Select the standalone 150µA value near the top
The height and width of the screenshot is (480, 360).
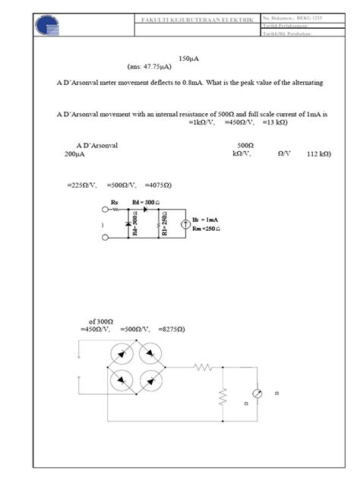(x=188, y=58)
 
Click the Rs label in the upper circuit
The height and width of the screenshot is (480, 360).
(x=115, y=202)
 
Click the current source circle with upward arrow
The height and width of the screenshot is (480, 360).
(x=185, y=224)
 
